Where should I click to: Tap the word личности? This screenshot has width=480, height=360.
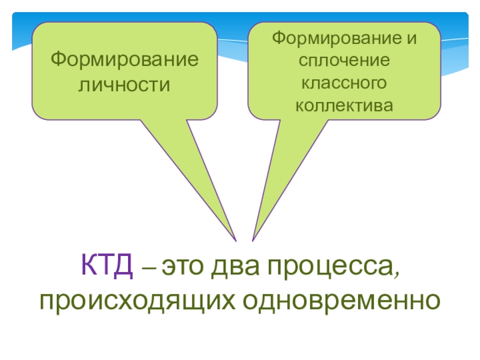[124, 85]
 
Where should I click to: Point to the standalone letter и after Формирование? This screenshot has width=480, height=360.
[412, 40]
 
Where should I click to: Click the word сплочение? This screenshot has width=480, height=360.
[344, 61]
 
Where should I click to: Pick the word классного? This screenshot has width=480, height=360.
[344, 83]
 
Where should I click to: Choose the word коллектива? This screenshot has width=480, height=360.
[344, 106]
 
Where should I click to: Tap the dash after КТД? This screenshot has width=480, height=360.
[148, 269]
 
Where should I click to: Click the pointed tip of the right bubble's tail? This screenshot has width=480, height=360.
[253, 242]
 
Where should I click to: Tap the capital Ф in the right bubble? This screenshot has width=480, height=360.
[278, 40]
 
